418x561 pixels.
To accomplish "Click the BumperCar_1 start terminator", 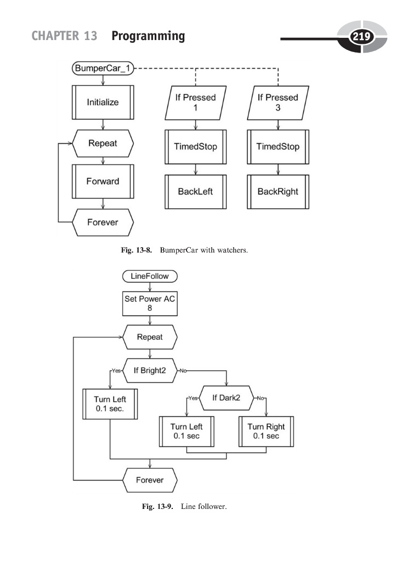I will [x=103, y=68].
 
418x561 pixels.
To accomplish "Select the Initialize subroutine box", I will [x=103, y=102].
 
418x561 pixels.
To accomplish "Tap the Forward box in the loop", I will [x=103, y=181].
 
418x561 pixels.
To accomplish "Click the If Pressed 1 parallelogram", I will [x=196, y=102].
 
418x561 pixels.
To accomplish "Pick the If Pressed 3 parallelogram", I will [x=278, y=102].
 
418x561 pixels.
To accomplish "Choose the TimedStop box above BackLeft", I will [x=196, y=147].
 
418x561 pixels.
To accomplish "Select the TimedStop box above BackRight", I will [x=278, y=147].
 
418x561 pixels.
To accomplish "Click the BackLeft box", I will [x=196, y=192].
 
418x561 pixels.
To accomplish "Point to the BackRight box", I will [x=278, y=192].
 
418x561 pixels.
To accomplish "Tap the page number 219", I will [x=361, y=37].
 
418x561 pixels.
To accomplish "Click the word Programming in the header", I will [x=148, y=36].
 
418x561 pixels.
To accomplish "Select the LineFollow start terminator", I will [x=150, y=276].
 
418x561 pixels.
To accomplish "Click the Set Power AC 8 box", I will [x=150, y=303].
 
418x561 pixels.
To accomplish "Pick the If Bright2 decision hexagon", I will [x=150, y=370].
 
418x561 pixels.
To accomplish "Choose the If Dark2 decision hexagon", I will [x=227, y=397].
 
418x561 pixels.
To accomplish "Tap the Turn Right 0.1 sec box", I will [x=266, y=431].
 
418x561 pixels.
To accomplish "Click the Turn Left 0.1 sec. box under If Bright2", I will [x=110, y=404].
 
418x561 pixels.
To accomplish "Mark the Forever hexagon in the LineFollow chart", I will [x=150, y=480].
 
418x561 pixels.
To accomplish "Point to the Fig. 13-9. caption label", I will [x=157, y=507].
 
